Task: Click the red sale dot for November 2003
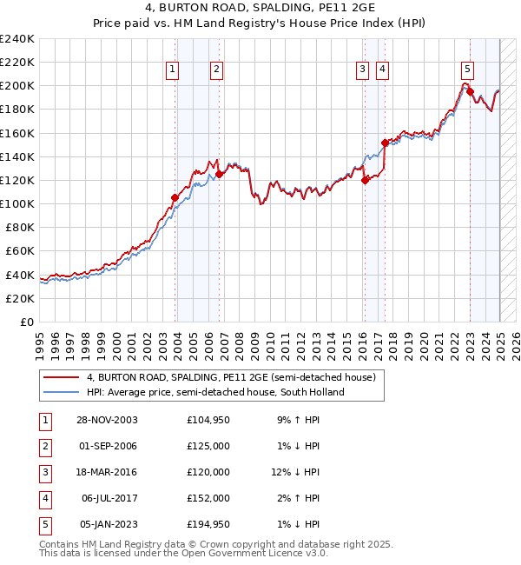click(x=175, y=197)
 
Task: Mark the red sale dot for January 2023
click(x=470, y=91)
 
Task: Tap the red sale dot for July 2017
click(x=385, y=142)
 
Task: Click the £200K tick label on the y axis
click(x=17, y=85)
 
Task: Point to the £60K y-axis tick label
click(x=20, y=250)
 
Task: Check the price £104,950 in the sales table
click(x=208, y=420)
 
